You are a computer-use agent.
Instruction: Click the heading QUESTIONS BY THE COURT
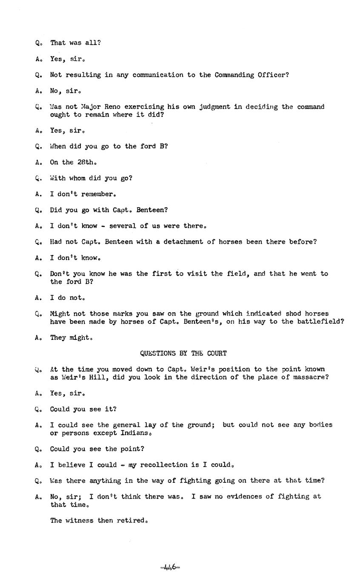tap(183, 353)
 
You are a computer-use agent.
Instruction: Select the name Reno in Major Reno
tap(112, 107)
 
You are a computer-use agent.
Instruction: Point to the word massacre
tap(311, 377)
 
